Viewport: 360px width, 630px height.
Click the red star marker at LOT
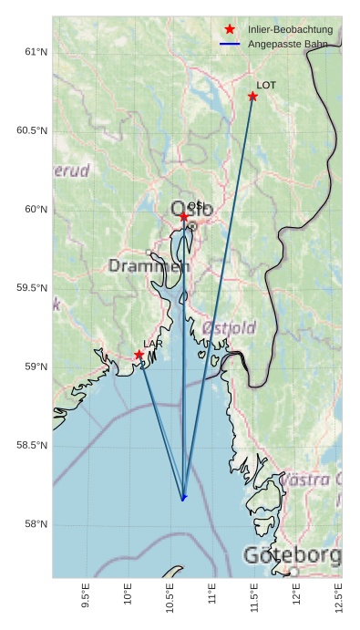point(252,97)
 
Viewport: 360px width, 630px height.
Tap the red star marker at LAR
point(139,355)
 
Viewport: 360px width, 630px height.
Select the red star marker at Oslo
point(184,216)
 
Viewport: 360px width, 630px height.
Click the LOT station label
point(266,85)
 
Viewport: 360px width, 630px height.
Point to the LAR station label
point(153,344)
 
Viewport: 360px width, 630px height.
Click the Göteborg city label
point(292,555)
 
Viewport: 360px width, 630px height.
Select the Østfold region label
point(229,327)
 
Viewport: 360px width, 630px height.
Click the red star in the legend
point(230,30)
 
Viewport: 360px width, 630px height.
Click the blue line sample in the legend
point(230,45)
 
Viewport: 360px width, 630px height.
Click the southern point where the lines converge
point(183,498)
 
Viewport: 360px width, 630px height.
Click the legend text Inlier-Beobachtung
point(290,30)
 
